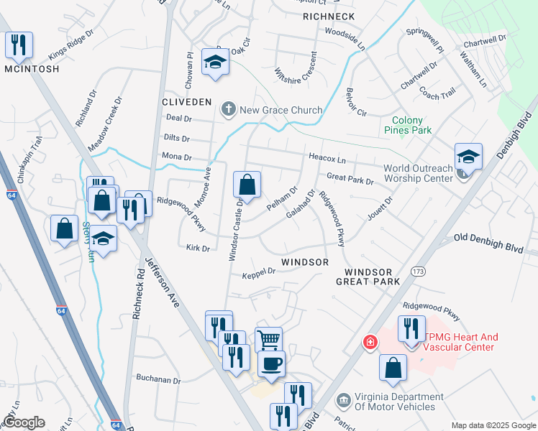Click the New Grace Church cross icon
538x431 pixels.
[229, 109]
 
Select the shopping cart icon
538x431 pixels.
[268, 340]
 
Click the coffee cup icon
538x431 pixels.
[271, 363]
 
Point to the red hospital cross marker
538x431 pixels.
[370, 343]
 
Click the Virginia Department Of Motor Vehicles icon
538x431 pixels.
[343, 398]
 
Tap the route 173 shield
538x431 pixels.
[419, 272]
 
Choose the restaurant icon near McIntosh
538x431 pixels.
[19, 45]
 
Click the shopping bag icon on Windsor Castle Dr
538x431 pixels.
[247, 185]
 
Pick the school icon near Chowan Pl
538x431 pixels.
[215, 62]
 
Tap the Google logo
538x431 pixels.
[24, 422]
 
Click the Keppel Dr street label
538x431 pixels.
[259, 274]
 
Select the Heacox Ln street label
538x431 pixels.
[327, 157]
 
